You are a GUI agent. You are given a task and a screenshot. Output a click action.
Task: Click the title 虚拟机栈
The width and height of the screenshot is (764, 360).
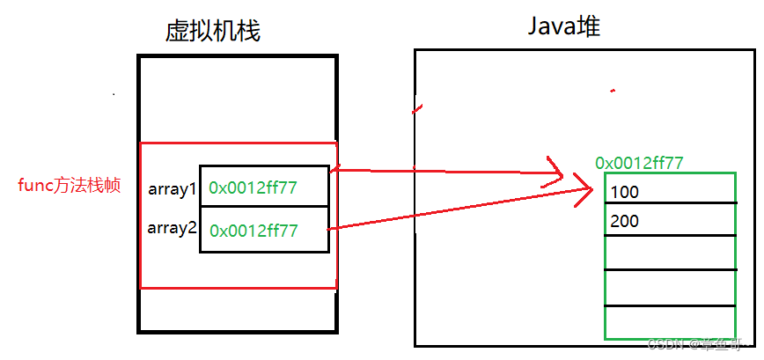[212, 32]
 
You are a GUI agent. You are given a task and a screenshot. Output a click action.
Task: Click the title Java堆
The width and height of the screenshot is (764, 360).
[564, 27]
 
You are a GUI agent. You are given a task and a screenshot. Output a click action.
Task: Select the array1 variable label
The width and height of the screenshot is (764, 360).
[171, 188]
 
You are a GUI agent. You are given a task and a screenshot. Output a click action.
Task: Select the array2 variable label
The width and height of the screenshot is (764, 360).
[171, 228]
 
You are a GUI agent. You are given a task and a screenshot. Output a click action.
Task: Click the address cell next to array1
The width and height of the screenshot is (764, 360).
[264, 187]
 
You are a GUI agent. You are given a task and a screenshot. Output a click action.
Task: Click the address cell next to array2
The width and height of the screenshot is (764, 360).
[264, 231]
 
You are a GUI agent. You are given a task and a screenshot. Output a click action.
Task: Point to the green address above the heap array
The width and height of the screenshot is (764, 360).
[640, 163]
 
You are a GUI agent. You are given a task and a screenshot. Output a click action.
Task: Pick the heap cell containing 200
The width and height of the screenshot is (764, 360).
[670, 220]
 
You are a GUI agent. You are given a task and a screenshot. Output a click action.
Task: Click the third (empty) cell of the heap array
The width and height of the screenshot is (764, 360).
[670, 253]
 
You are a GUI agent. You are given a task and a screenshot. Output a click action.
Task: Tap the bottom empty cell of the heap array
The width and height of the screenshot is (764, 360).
[670, 322]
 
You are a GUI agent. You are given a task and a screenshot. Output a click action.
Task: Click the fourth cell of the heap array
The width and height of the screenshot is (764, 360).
[670, 288]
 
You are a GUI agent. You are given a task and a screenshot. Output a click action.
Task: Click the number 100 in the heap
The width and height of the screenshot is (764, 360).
[624, 192]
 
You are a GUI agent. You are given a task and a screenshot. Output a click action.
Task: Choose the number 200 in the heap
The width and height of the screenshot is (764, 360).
[624, 222]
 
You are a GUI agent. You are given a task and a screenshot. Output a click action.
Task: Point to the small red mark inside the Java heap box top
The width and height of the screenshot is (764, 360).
[613, 90]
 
